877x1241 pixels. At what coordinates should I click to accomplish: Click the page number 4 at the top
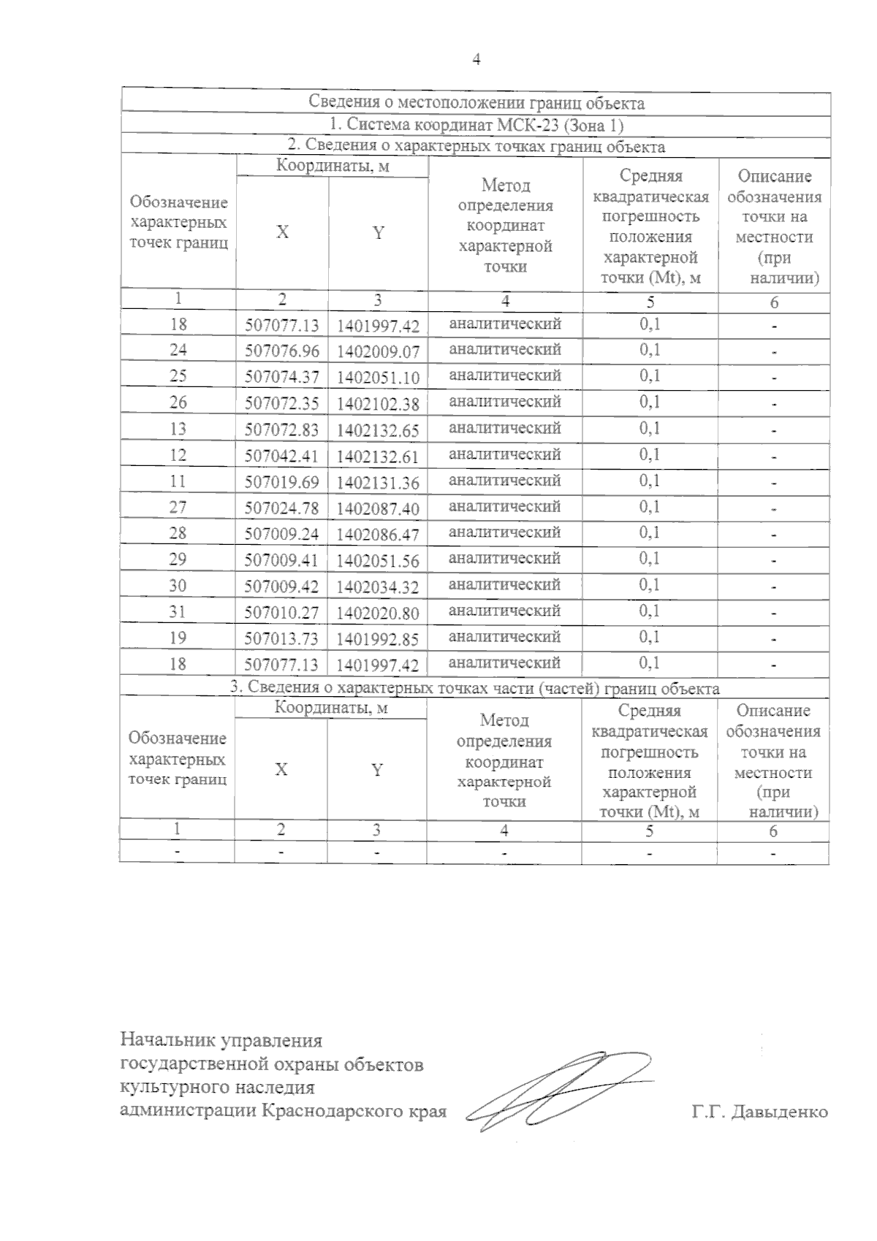477,60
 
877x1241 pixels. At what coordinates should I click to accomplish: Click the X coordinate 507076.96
281,351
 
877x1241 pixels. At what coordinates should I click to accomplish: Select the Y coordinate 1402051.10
378,378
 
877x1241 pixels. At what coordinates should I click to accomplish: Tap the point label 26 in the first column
178,402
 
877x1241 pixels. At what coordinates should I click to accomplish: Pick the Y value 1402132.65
378,430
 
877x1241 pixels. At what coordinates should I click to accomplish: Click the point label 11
178,481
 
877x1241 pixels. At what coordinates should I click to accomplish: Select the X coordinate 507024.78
281,508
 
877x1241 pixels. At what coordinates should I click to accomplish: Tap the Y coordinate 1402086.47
378,535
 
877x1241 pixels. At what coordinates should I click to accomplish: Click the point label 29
178,560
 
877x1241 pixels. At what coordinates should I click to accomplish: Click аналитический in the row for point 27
504,507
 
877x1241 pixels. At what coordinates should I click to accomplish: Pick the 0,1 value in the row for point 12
650,454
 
